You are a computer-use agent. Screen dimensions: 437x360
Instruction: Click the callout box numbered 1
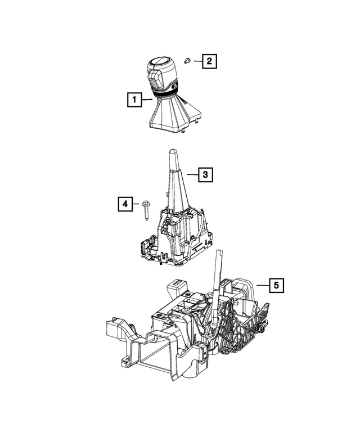pos(133,101)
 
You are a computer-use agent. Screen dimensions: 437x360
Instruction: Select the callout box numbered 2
pos(209,60)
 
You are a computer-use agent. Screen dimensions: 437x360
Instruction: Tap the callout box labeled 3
pos(205,174)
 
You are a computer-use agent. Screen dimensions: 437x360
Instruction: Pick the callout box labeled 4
pos(126,204)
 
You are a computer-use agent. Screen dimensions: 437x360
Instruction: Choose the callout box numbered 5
pos(276,286)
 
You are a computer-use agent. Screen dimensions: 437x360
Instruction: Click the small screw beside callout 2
pos(188,60)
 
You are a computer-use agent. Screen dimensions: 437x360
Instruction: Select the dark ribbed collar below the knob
pos(165,96)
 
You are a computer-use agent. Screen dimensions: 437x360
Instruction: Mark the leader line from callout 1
pos(146,100)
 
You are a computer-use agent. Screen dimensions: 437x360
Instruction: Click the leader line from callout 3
pos(191,175)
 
